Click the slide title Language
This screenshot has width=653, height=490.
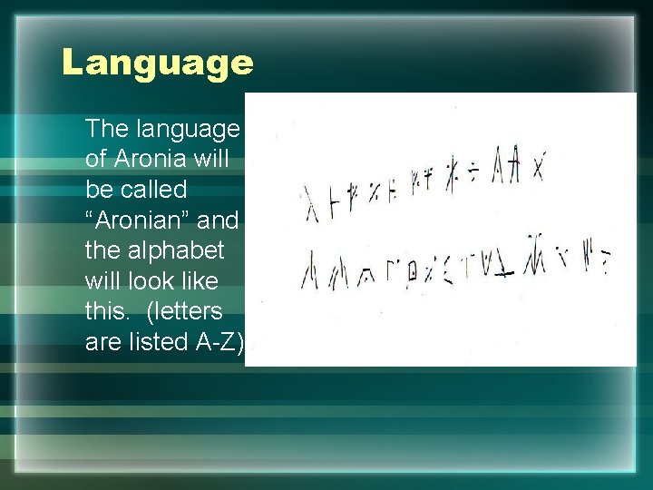click(x=158, y=63)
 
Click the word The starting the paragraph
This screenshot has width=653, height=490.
click(x=107, y=128)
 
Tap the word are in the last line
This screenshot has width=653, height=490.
click(x=102, y=342)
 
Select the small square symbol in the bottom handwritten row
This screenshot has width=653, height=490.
click(x=412, y=271)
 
